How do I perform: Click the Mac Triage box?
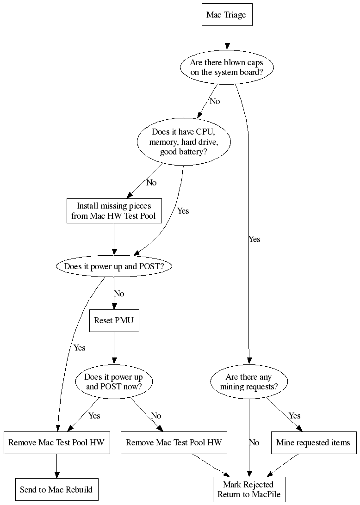[226, 15]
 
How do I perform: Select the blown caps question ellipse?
[226, 67]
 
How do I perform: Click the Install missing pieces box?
[114, 211]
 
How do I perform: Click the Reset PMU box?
[114, 320]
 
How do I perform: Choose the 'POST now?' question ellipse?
[114, 382]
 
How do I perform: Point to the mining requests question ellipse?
[249, 382]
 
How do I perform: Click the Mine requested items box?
[313, 443]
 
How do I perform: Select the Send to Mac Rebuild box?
[56, 489]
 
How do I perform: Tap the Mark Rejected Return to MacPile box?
[249, 489]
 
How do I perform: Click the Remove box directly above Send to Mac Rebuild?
[56, 443]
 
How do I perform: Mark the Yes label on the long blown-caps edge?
[254, 239]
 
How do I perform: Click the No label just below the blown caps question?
[215, 101]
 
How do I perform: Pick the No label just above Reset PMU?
[119, 294]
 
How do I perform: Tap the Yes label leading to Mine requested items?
[295, 415]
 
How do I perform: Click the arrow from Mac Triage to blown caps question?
[226, 38]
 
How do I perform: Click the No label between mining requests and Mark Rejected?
[254, 443]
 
